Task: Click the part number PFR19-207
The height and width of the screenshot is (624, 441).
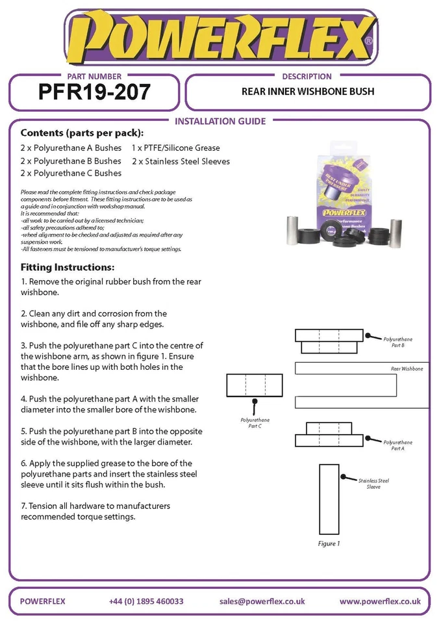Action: (x=94, y=92)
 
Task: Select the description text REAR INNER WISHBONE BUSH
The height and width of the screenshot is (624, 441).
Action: (x=307, y=92)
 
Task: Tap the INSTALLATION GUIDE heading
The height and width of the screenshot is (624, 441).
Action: (x=221, y=121)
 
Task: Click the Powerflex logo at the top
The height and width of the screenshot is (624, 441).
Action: (x=220, y=38)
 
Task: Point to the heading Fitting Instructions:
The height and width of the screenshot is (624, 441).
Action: (x=68, y=267)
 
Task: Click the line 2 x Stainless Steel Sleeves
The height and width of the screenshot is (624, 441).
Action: (x=181, y=161)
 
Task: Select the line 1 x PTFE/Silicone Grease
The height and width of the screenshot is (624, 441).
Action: (x=175, y=148)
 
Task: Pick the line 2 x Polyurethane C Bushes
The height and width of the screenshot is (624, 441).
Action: (x=71, y=174)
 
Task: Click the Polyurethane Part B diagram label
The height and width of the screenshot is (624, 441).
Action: (x=397, y=343)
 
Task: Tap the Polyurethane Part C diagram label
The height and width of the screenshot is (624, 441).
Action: (x=255, y=423)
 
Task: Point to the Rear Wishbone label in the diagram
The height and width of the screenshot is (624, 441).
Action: (x=407, y=369)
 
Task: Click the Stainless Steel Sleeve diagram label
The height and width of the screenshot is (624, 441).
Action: (x=373, y=484)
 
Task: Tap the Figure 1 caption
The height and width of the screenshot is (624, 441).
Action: (x=329, y=543)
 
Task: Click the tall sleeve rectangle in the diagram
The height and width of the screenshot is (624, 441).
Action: (x=329, y=499)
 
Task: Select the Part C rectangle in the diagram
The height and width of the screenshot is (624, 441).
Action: (x=255, y=385)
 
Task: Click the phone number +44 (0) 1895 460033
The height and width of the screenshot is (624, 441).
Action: (x=146, y=601)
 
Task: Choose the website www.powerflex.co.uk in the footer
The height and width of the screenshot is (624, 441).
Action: (x=380, y=601)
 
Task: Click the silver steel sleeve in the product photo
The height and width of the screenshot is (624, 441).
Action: (x=296, y=229)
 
